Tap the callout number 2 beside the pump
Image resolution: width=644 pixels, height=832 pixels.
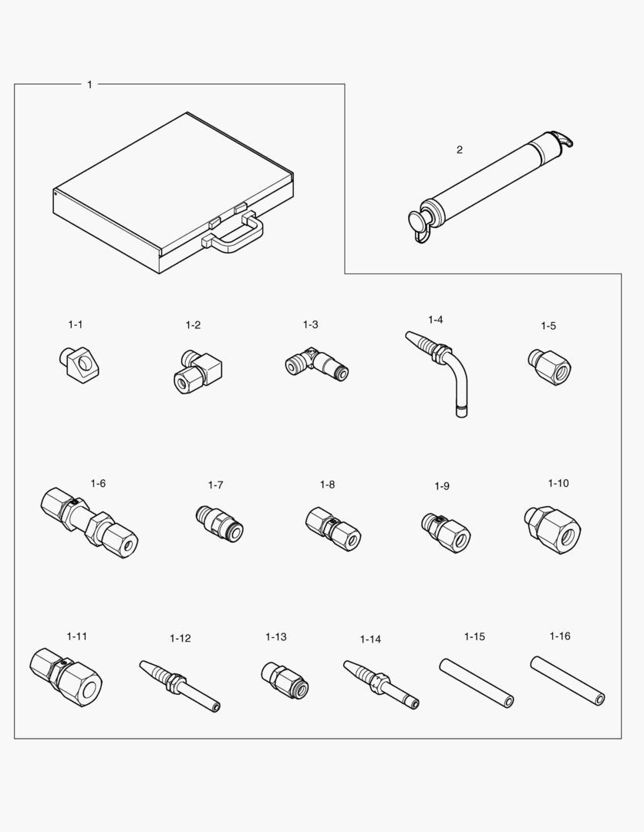[x=460, y=149]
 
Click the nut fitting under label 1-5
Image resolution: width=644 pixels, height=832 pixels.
[x=548, y=365]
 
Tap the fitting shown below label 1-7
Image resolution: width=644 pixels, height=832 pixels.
[x=219, y=521]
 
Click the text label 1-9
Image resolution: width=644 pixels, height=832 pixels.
[x=441, y=486]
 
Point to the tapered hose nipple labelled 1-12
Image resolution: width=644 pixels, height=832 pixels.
[x=179, y=683]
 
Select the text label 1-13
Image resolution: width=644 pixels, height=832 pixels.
[x=275, y=637]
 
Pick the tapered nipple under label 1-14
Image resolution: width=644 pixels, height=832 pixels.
[x=381, y=683]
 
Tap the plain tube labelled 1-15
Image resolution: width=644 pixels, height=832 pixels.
[x=477, y=682]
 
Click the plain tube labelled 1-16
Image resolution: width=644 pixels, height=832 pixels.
[x=567, y=679]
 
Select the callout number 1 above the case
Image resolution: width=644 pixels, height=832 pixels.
[x=89, y=84]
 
